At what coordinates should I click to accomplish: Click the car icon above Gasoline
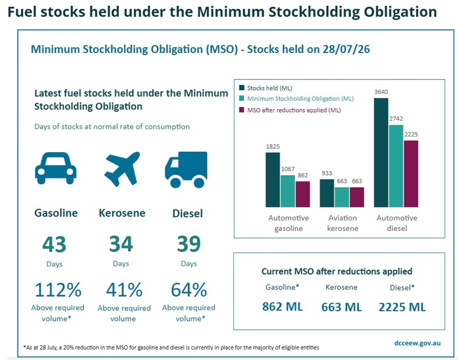pyautogui.click(x=55, y=168)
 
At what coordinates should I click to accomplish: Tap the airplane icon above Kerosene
pyautogui.click(x=122, y=169)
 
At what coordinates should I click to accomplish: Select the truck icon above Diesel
pyautogui.click(x=186, y=170)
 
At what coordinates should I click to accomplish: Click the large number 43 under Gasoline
pyautogui.click(x=54, y=244)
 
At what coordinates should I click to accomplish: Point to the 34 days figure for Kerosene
pyautogui.click(x=121, y=244)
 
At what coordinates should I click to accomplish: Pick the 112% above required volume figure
pyautogui.click(x=58, y=290)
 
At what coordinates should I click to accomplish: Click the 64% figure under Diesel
pyautogui.click(x=188, y=290)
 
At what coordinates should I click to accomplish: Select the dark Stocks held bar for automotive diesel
pyautogui.click(x=381, y=152)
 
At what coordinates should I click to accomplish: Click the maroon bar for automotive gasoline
pyautogui.click(x=303, y=194)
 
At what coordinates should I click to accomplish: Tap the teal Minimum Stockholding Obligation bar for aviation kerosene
pyautogui.click(x=342, y=197)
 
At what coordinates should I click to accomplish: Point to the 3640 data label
pyautogui.click(x=381, y=92)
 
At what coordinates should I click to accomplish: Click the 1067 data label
pyautogui.click(x=288, y=169)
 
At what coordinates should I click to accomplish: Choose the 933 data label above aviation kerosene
pyautogui.click(x=327, y=173)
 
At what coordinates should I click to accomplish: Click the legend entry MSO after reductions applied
pyautogui.click(x=290, y=110)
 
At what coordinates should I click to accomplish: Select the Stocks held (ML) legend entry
pyautogui.click(x=265, y=88)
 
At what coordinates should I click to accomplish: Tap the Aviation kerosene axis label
pyautogui.click(x=342, y=223)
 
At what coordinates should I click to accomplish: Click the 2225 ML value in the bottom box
pyautogui.click(x=402, y=307)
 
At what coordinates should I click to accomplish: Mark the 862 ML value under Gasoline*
pyautogui.click(x=282, y=307)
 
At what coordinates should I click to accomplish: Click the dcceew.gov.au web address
pyautogui.click(x=417, y=343)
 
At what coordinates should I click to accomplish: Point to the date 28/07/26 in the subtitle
pyautogui.click(x=346, y=49)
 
